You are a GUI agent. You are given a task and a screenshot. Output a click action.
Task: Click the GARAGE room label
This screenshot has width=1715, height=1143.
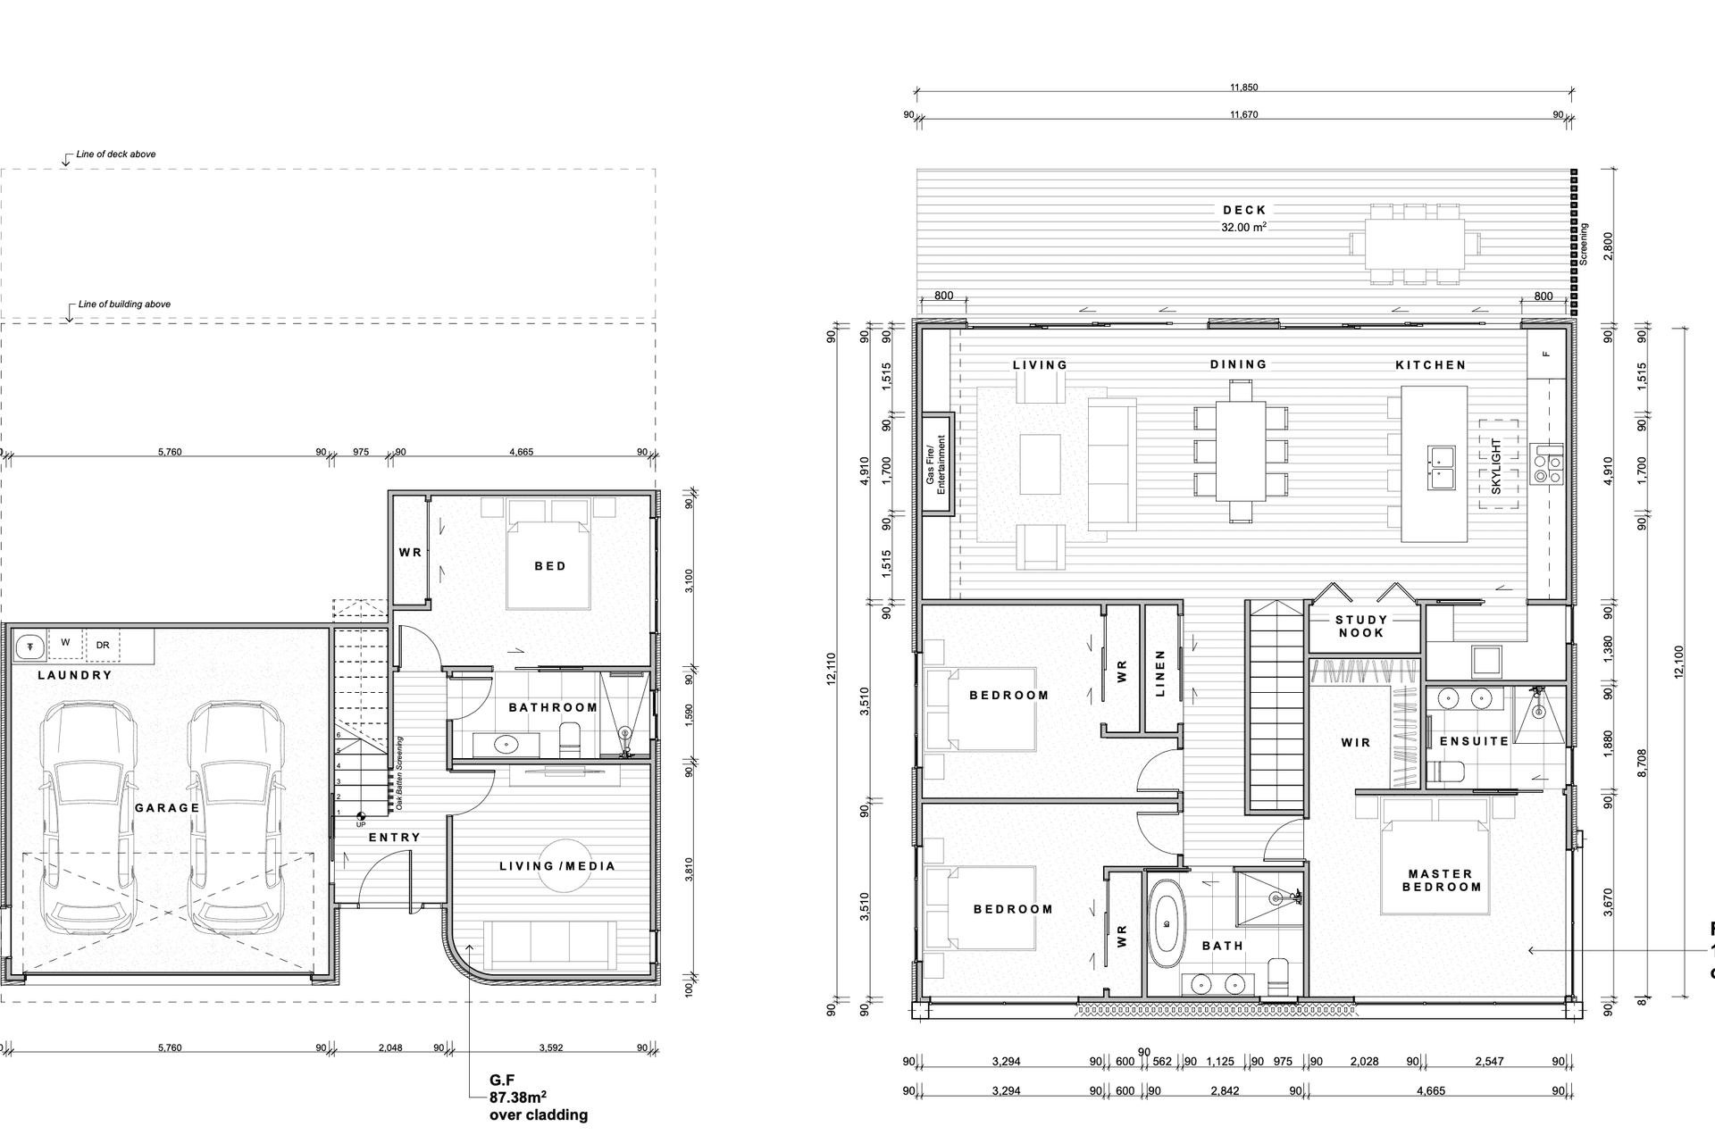pyautogui.click(x=167, y=808)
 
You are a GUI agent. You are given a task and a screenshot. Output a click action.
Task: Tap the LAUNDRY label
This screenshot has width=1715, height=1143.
pyautogui.click(x=75, y=675)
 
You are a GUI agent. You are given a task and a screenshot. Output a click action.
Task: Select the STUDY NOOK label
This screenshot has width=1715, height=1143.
pyautogui.click(x=1361, y=626)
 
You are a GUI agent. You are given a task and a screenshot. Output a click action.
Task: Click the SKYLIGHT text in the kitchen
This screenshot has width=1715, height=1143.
pyautogui.click(x=1496, y=465)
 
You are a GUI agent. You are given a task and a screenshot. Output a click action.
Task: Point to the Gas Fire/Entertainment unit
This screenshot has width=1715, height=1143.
pyautogui.click(x=936, y=464)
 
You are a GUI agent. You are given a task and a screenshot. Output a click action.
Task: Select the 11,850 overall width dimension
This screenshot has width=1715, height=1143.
pyautogui.click(x=1243, y=88)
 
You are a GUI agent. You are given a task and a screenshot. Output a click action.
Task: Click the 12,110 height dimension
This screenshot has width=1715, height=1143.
pyautogui.click(x=832, y=671)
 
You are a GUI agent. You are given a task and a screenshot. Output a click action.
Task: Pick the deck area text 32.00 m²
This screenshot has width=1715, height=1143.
pyautogui.click(x=1243, y=228)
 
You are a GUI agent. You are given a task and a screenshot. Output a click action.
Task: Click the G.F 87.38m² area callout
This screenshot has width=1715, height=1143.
pyautogui.click(x=537, y=1097)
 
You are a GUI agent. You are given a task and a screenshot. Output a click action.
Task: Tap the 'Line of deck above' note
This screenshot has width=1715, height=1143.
pyautogui.click(x=116, y=154)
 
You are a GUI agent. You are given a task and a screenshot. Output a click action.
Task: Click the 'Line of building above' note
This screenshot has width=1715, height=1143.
pyautogui.click(x=124, y=305)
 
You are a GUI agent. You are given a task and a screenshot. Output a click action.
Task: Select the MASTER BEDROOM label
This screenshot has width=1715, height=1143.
pyautogui.click(x=1441, y=880)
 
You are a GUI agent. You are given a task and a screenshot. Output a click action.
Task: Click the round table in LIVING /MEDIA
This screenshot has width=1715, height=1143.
pyautogui.click(x=565, y=865)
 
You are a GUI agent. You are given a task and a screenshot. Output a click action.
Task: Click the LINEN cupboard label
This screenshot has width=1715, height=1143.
pyautogui.click(x=1161, y=674)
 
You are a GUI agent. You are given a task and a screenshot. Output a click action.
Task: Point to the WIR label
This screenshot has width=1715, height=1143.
pyautogui.click(x=1355, y=742)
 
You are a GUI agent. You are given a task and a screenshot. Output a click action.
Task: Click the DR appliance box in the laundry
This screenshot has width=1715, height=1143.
pyautogui.click(x=103, y=645)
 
